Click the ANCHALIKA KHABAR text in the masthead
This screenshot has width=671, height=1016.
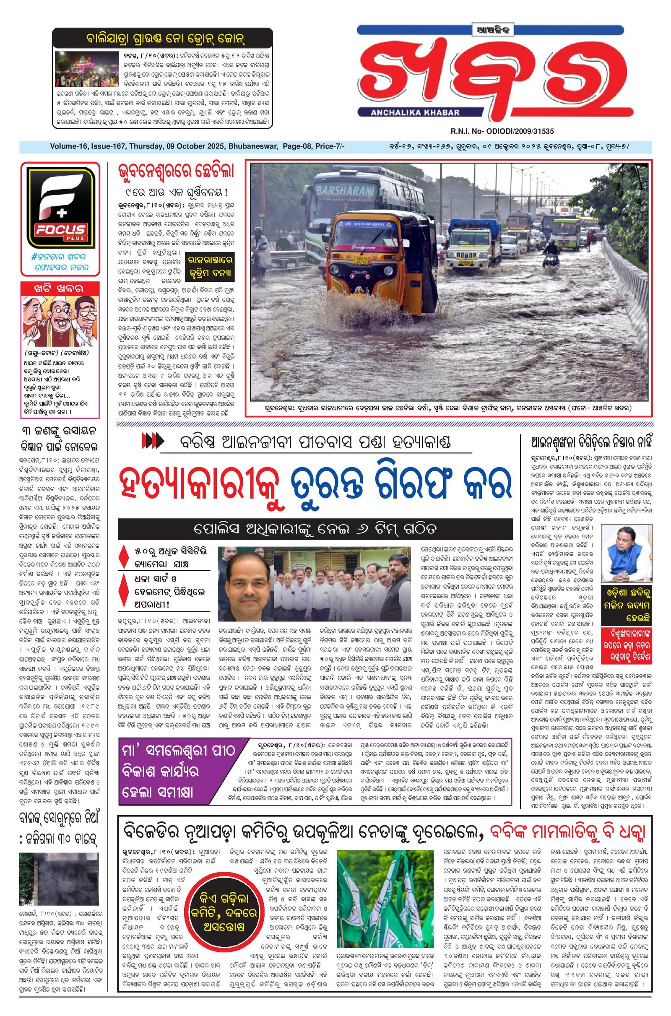409,112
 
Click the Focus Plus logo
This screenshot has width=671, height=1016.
60,207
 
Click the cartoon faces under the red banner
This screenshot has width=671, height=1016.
60,322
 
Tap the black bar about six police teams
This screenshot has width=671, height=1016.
315,529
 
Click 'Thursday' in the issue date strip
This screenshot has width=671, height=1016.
145,147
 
